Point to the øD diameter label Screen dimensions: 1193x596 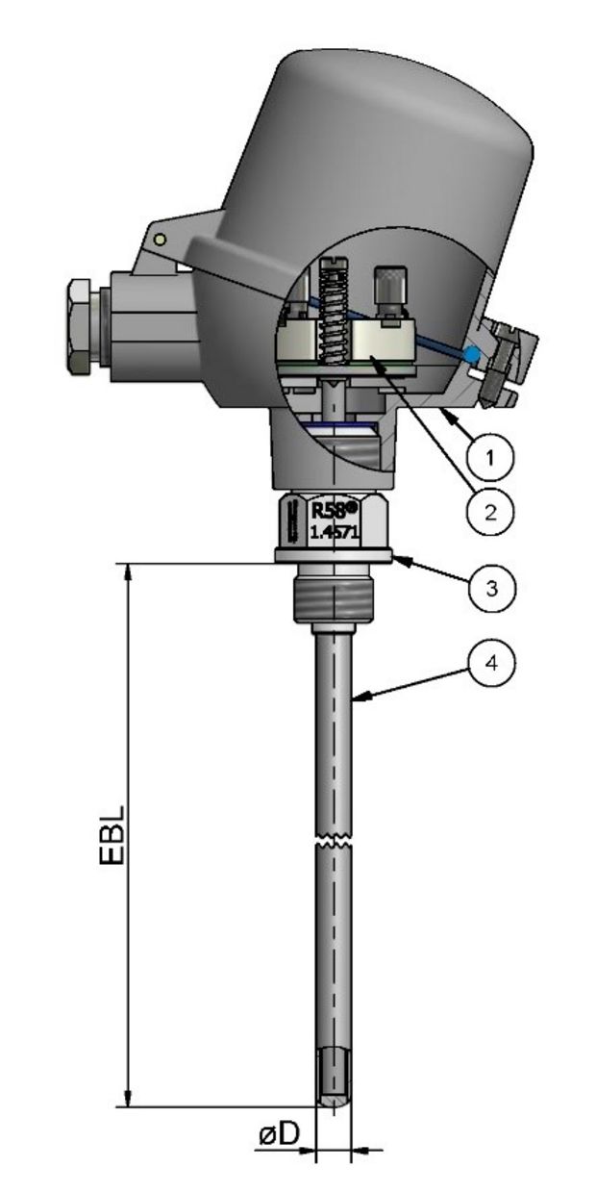coord(279,1135)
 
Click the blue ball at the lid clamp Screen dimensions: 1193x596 coord(471,354)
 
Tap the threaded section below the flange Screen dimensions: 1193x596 coord(333,596)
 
